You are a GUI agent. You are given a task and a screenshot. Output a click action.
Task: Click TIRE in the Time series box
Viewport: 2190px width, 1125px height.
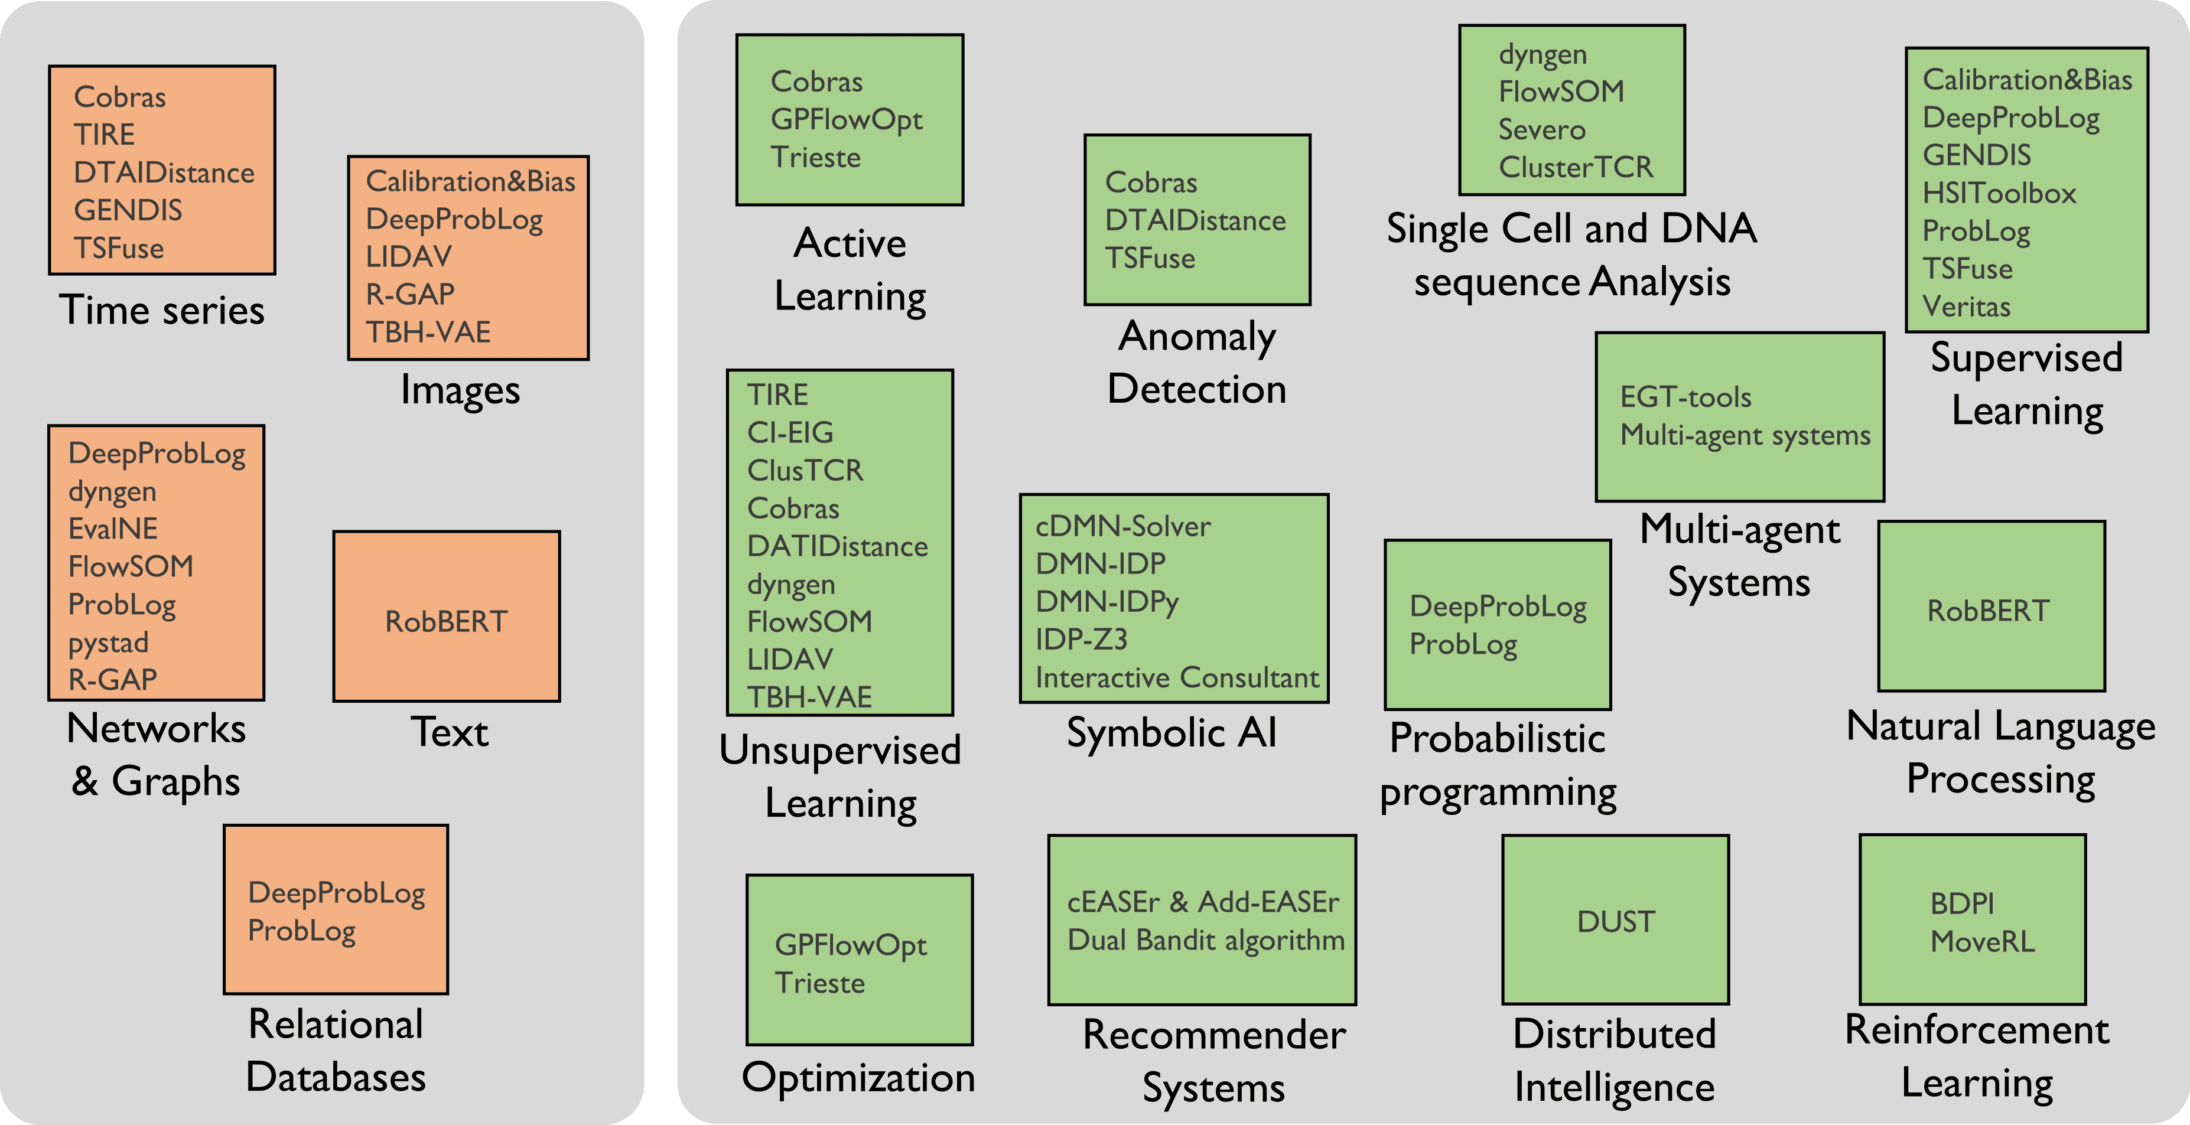105,134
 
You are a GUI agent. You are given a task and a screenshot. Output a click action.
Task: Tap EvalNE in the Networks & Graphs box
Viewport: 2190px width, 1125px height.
113,529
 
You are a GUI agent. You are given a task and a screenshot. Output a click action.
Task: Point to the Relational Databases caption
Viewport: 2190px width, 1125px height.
336,1050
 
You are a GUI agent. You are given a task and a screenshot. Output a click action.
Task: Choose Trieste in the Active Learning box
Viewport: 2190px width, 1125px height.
815,157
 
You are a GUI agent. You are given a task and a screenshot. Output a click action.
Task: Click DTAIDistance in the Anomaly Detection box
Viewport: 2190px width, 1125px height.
1195,220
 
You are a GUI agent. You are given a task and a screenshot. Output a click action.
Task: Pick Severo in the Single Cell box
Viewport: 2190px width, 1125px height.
1541,129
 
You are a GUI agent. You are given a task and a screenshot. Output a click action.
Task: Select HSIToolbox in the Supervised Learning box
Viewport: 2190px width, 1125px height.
1999,193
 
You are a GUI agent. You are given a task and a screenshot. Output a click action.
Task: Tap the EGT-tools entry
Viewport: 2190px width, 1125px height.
1685,397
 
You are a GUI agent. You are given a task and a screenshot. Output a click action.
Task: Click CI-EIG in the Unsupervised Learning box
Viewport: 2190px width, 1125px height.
790,432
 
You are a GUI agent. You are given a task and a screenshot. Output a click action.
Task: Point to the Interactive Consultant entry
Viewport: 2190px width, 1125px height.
1177,677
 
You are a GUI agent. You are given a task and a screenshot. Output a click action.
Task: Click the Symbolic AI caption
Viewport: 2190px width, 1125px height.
1172,732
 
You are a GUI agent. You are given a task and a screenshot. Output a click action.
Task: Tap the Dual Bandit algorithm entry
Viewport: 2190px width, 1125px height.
1206,940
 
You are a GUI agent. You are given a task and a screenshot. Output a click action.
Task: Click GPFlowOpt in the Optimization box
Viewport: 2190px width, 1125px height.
850,945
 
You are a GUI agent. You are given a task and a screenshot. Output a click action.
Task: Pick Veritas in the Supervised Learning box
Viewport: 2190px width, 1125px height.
1967,306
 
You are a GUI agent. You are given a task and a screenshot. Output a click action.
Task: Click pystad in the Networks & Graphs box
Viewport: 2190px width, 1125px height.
108,643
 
